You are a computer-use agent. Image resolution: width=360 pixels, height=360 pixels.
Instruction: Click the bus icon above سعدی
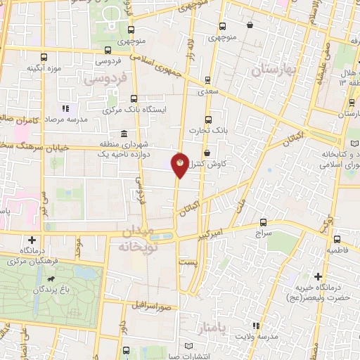pos(207,79)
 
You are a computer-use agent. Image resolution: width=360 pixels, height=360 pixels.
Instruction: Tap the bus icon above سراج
pos(264,221)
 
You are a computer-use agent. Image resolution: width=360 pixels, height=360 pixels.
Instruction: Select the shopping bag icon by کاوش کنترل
pos(206,153)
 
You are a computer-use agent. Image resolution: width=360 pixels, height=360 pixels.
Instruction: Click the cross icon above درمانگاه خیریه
pos(319,276)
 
